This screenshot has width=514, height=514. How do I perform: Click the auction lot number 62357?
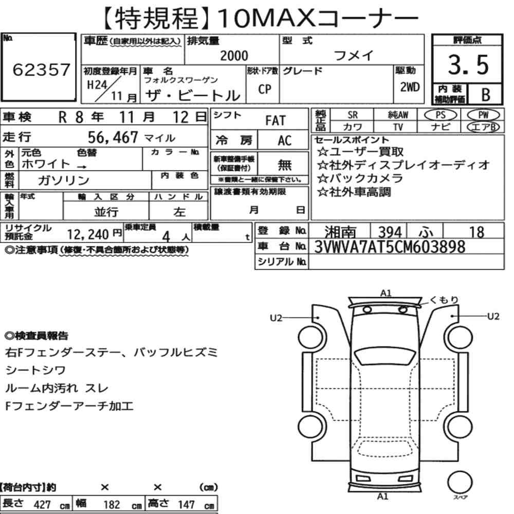coord(41,69)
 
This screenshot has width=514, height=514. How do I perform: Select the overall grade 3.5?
coord(468,65)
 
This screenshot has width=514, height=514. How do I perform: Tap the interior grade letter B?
coord(486,95)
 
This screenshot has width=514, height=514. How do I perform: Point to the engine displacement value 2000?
coord(234,56)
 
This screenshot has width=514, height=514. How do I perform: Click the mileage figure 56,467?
coord(113,137)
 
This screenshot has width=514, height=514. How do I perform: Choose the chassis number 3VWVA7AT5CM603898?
coord(390,247)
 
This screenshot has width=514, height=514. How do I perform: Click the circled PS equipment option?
coord(440,115)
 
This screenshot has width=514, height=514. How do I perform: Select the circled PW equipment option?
coord(483,115)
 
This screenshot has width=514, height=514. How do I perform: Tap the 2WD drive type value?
coord(410,87)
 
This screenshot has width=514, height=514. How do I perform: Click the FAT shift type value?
coord(276,121)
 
